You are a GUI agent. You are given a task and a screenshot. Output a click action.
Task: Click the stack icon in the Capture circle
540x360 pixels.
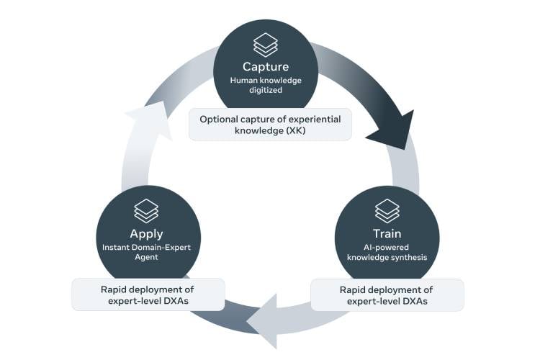[265, 44]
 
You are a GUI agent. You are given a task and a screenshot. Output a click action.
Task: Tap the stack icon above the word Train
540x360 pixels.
[387, 210]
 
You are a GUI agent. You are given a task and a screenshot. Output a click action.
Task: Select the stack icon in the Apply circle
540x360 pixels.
[146, 210]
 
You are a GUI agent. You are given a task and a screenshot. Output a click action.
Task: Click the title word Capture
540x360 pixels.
[265, 67]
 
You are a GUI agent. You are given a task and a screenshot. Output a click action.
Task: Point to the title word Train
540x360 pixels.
[387, 234]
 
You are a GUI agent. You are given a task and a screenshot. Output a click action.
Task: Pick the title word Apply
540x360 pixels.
[146, 234]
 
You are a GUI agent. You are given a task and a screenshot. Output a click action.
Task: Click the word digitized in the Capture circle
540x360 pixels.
[265, 92]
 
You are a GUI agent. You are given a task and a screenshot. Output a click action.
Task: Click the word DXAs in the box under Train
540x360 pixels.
[413, 301]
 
